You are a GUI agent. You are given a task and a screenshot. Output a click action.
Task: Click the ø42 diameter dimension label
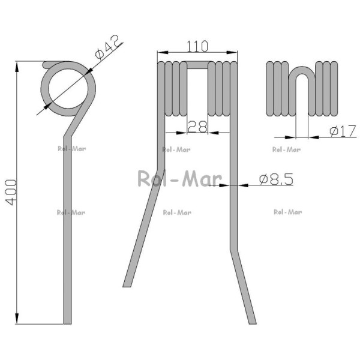(x=107, y=48)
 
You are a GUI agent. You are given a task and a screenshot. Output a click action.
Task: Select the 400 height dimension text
(x=11, y=193)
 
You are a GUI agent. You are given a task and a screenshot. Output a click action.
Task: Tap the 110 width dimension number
(x=197, y=46)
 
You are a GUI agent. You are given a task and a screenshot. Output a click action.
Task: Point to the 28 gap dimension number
(x=197, y=127)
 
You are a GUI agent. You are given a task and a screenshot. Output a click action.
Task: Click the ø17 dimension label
(x=343, y=131)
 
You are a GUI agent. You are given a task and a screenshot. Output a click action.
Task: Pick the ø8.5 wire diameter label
(x=276, y=179)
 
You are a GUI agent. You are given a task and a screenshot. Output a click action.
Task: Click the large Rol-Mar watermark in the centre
(x=180, y=178)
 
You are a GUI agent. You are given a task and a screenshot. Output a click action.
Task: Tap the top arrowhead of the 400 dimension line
(x=17, y=67)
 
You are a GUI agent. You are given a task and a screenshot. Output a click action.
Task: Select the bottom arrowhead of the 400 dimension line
(x=17, y=319)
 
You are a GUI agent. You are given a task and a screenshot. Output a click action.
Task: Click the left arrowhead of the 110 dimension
(x=163, y=53)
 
